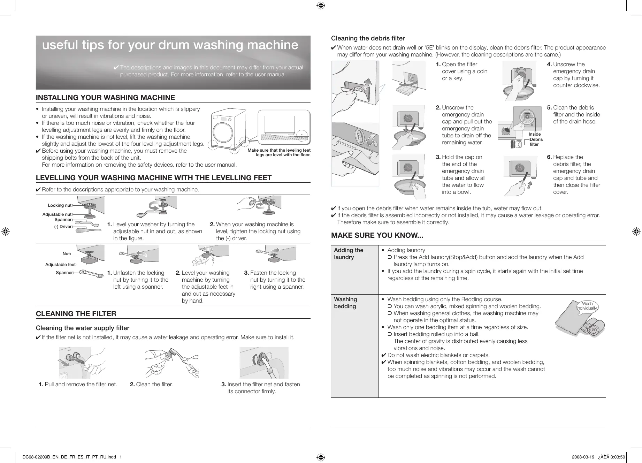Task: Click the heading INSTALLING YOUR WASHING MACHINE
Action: click(x=105, y=98)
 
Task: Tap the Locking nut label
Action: click(x=59, y=205)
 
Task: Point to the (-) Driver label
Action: click(x=63, y=227)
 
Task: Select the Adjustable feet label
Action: click(x=60, y=265)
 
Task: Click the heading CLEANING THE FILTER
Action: click(x=76, y=314)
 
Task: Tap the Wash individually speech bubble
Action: click(x=587, y=306)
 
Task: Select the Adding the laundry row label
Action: click(x=349, y=253)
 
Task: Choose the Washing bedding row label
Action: click(x=345, y=303)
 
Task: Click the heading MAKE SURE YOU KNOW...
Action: click(x=377, y=235)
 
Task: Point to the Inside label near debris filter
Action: click(x=534, y=134)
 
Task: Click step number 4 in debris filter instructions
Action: click(x=549, y=64)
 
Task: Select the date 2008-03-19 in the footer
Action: click(x=583, y=457)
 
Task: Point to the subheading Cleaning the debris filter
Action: click(x=368, y=38)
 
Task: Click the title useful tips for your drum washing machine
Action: click(x=170, y=45)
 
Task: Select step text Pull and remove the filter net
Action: click(x=81, y=384)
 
